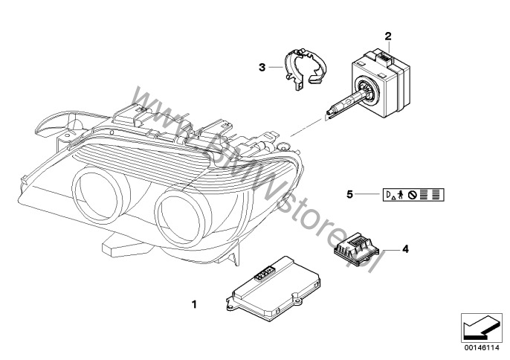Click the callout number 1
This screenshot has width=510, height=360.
click(x=194, y=305)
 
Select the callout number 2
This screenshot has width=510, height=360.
click(x=388, y=36)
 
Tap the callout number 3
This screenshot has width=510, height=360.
click(x=262, y=68)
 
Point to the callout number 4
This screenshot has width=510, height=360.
click(x=405, y=249)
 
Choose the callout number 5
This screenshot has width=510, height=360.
click(x=349, y=194)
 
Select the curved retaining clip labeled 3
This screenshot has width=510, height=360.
click(x=304, y=68)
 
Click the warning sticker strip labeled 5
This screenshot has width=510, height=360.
click(x=413, y=195)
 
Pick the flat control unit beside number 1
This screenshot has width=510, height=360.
click(x=274, y=288)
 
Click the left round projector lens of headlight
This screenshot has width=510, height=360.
click(x=97, y=196)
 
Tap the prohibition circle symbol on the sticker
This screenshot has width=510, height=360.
click(x=413, y=195)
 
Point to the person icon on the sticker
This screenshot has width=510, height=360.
click(x=400, y=195)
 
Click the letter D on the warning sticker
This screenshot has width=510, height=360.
click(x=388, y=194)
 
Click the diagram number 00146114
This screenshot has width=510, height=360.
click(x=482, y=348)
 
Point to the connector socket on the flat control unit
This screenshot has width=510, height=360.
click(x=265, y=272)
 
